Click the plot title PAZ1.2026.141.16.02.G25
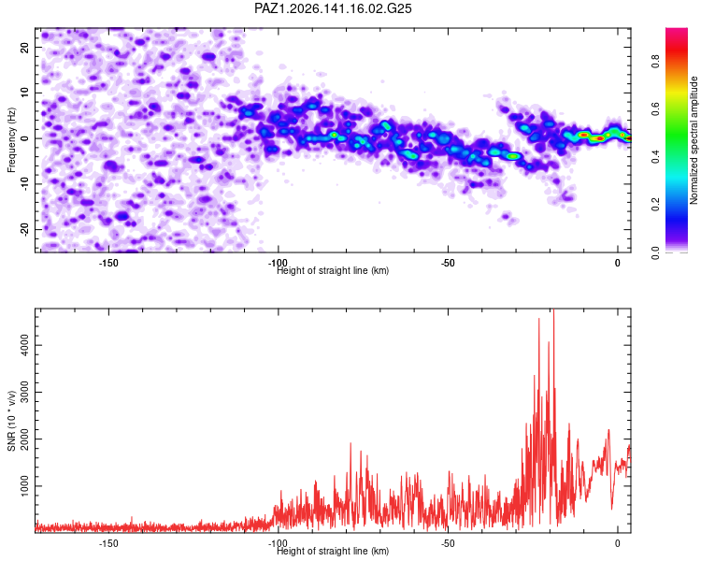tap(333, 8)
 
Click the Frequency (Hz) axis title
tap(11, 140)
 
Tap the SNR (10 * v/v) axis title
tap(11, 421)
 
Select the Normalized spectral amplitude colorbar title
tap(694, 140)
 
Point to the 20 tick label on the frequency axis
tap(25, 47)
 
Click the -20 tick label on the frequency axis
tap(25, 229)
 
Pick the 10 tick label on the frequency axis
tap(25, 93)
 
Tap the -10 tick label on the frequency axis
tap(25, 184)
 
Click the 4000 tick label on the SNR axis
tap(25, 345)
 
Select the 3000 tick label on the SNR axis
tap(25, 392)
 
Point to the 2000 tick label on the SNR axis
tap(25, 439)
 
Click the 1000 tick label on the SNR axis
tap(25, 486)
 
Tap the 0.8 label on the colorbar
tap(655, 61)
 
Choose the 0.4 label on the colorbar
tap(655, 157)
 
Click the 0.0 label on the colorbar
tap(655, 252)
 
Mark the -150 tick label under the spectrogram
tap(107, 263)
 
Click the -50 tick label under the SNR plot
tap(448, 543)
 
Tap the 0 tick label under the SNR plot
tap(618, 543)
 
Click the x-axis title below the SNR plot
tap(333, 551)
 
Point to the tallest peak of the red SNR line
tap(554, 309)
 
